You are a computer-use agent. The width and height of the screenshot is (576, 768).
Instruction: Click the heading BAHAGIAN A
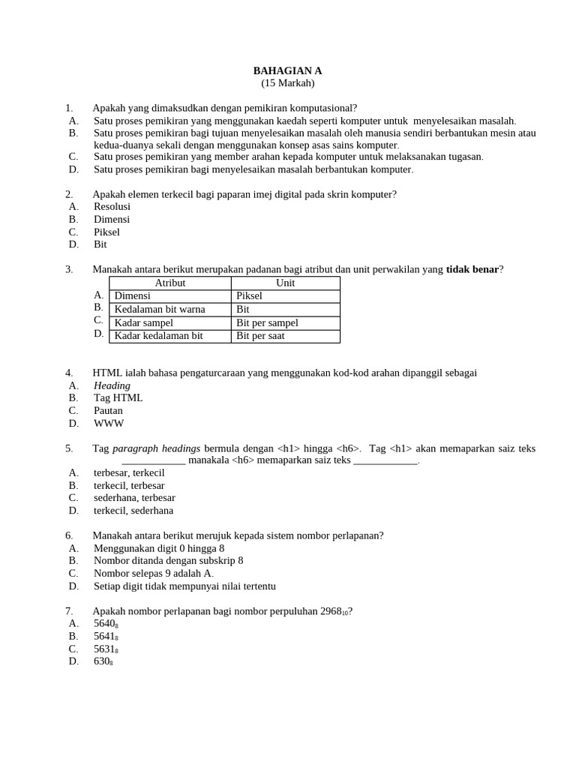pyautogui.click(x=287, y=70)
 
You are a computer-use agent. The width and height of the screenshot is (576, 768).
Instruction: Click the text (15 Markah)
pyautogui.click(x=287, y=83)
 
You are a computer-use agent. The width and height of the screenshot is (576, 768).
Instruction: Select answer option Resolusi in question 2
pyautogui.click(x=112, y=206)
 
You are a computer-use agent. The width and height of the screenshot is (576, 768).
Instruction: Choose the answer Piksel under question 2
pyautogui.click(x=106, y=232)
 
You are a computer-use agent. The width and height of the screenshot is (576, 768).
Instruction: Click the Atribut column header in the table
pyautogui.click(x=169, y=283)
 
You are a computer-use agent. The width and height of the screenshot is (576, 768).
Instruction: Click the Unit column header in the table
pyautogui.click(x=285, y=283)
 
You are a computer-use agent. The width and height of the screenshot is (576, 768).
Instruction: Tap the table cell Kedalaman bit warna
pyautogui.click(x=159, y=309)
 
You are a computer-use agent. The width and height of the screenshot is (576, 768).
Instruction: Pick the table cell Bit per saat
pyautogui.click(x=260, y=336)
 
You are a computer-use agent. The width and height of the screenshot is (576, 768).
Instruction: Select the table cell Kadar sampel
pyautogui.click(x=143, y=322)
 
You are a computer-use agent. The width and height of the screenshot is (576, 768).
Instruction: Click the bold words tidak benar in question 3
pyautogui.click(x=472, y=269)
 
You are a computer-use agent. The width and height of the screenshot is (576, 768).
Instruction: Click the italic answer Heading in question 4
pyautogui.click(x=112, y=385)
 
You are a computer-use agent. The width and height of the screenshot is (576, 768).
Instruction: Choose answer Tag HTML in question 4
pyautogui.click(x=118, y=397)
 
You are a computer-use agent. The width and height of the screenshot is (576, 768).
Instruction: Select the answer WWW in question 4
pyautogui.click(x=109, y=423)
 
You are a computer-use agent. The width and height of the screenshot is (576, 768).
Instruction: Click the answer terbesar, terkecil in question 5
pyautogui.click(x=129, y=472)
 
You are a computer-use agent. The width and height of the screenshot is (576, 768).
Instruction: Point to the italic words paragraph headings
pyautogui.click(x=156, y=448)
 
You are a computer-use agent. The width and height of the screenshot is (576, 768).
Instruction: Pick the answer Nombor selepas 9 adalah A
pyautogui.click(x=153, y=573)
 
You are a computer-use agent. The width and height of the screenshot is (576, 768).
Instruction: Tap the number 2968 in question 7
pyautogui.click(x=331, y=610)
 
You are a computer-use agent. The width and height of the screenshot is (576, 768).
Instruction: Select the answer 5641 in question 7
pyautogui.click(x=105, y=636)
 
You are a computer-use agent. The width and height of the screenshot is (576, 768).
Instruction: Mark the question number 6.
pyautogui.click(x=69, y=535)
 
